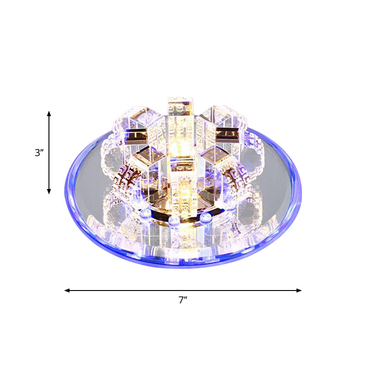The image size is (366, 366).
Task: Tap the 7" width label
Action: pyautogui.click(x=183, y=301)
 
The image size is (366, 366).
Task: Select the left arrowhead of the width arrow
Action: pyautogui.click(x=67, y=290)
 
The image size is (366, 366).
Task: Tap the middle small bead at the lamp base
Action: pyautogui.click(x=173, y=221)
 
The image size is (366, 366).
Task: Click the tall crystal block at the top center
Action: pyautogui.click(x=178, y=114)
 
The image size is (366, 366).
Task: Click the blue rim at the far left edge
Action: pyautogui.click(x=66, y=192)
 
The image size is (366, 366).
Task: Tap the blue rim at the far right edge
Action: pyautogui.click(x=301, y=192)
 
